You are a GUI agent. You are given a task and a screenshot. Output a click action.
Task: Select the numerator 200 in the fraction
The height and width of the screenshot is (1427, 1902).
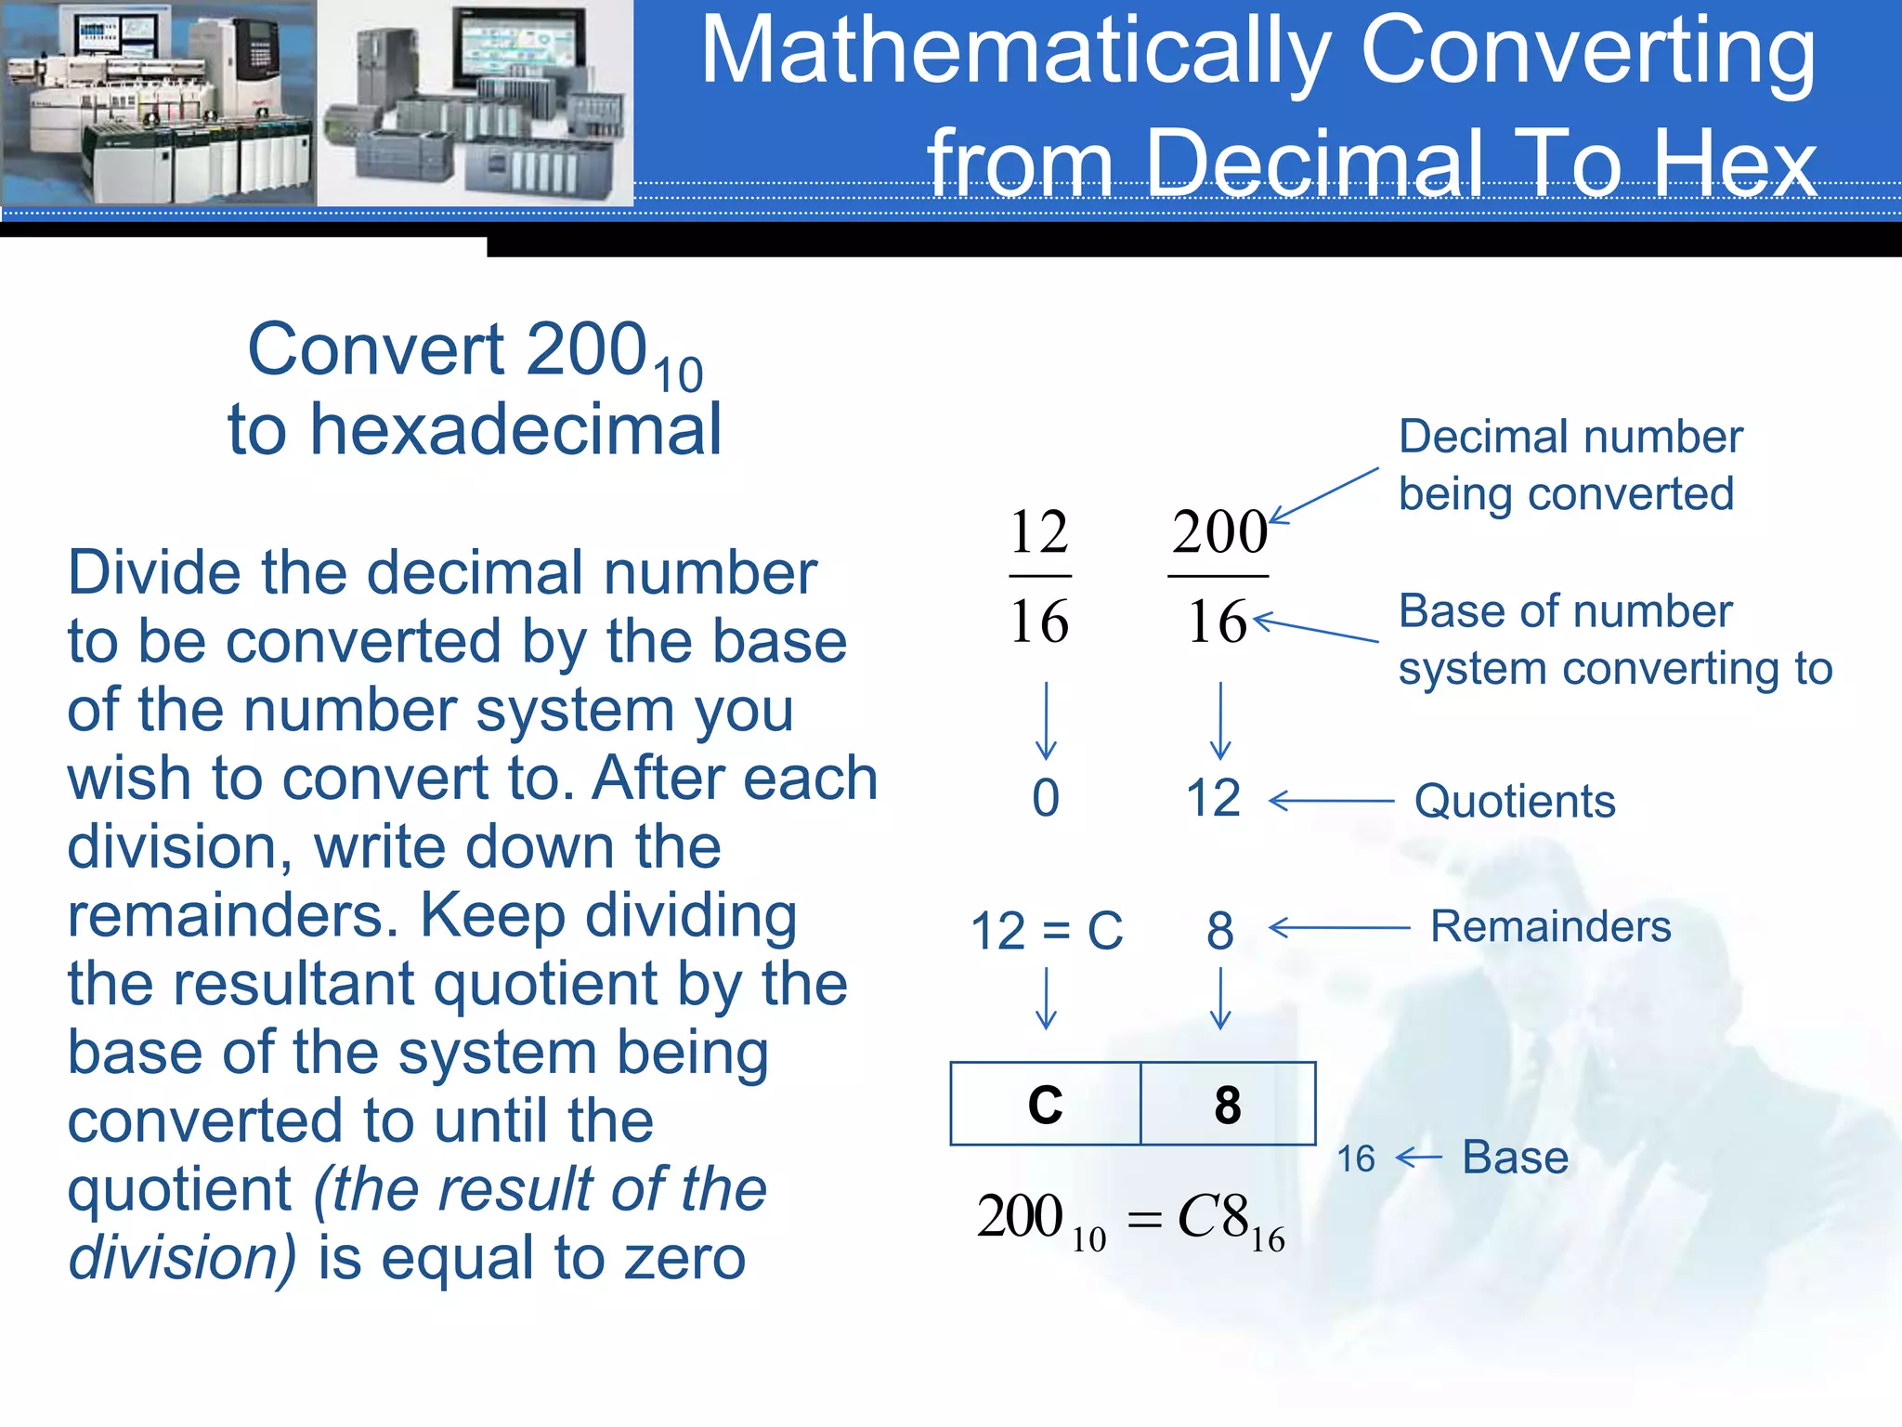(1218, 532)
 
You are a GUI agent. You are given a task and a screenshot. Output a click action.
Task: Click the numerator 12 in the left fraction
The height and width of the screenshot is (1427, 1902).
(1039, 532)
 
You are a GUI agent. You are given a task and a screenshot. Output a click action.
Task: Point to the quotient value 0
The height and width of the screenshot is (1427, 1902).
(1046, 798)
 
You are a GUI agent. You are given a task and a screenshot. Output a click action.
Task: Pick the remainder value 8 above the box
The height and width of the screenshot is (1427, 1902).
(1220, 930)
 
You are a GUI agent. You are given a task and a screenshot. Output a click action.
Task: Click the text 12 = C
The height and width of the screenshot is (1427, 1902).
(1047, 930)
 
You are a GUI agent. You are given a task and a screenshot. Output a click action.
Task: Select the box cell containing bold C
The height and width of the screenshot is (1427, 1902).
(1046, 1104)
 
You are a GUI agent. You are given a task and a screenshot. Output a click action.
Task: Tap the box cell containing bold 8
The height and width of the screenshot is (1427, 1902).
(1227, 1104)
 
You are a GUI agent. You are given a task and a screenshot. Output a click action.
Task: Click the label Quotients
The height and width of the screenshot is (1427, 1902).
(1515, 801)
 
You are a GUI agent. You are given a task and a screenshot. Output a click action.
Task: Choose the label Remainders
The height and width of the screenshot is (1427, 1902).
(1550, 926)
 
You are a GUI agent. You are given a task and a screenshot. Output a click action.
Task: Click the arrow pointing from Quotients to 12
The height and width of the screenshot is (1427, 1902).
(1331, 800)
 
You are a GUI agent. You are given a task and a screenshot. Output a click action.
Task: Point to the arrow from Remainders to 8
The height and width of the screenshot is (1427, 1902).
(1338, 927)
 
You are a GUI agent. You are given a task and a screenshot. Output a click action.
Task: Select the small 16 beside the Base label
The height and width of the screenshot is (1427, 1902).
(1356, 1159)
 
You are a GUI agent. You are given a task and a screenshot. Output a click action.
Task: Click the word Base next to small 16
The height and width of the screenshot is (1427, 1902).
(1516, 1158)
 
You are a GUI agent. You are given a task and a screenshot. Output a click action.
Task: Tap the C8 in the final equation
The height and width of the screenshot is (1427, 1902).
(1212, 1216)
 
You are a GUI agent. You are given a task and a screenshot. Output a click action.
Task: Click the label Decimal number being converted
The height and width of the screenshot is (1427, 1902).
(1570, 465)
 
